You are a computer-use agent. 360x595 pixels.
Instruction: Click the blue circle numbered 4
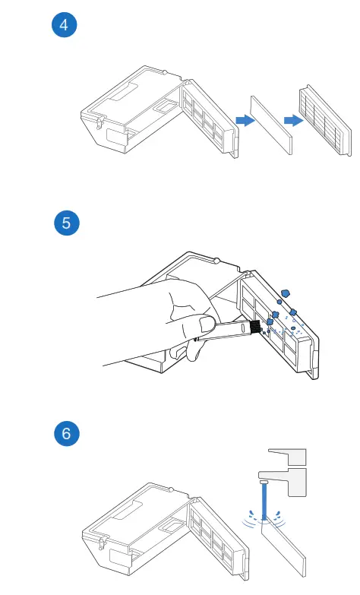(64, 25)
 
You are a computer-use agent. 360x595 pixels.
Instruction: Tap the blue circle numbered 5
(66, 223)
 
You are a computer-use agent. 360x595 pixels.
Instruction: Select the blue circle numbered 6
(66, 433)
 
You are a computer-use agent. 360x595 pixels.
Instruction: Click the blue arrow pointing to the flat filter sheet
(245, 120)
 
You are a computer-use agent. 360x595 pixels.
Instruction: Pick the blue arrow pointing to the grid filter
(294, 120)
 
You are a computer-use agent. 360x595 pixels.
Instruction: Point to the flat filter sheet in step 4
(271, 125)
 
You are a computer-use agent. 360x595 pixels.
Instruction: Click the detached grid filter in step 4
(325, 120)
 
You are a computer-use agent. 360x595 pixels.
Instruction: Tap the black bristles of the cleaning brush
(255, 327)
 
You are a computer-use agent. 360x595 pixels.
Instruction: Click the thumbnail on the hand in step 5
(207, 324)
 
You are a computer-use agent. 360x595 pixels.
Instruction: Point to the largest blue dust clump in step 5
(286, 293)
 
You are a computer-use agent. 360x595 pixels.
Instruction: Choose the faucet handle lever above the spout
(287, 457)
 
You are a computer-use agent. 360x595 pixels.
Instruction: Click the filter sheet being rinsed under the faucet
(283, 546)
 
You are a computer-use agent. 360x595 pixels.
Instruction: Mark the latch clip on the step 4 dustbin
(100, 122)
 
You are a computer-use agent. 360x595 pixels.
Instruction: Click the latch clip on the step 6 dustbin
(102, 543)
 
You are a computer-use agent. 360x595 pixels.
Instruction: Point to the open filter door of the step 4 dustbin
(210, 119)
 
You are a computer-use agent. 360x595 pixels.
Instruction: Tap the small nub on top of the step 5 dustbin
(216, 261)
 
